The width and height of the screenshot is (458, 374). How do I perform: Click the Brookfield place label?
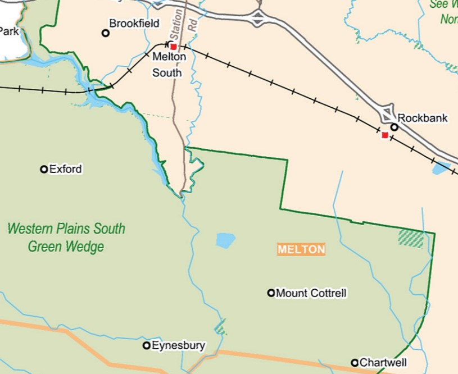coord(134,24)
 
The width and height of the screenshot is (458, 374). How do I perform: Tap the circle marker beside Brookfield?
coord(105,33)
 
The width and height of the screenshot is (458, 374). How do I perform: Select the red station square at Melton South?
coord(174,47)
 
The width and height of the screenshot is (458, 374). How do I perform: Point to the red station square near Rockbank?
coord(384,135)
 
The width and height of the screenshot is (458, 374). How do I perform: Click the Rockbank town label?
coord(423,118)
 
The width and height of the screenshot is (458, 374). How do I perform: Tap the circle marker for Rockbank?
coord(394,127)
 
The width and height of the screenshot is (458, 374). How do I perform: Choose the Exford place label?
coord(65,169)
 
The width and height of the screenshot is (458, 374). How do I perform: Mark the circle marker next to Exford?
coord(44,169)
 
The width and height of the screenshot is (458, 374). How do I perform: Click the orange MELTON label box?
coord(301,249)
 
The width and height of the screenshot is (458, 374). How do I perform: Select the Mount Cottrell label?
coord(311,293)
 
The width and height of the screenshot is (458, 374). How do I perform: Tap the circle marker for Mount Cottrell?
coord(271,293)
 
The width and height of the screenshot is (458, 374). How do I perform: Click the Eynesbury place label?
coord(179,345)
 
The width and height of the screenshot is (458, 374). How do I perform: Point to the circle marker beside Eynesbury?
coord(147,345)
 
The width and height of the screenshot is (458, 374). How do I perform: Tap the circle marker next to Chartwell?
coord(355,363)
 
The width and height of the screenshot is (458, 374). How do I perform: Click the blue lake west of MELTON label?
coord(225,240)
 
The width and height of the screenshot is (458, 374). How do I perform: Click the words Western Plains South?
coord(66,229)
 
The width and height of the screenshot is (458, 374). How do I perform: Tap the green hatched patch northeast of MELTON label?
coord(411,238)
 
